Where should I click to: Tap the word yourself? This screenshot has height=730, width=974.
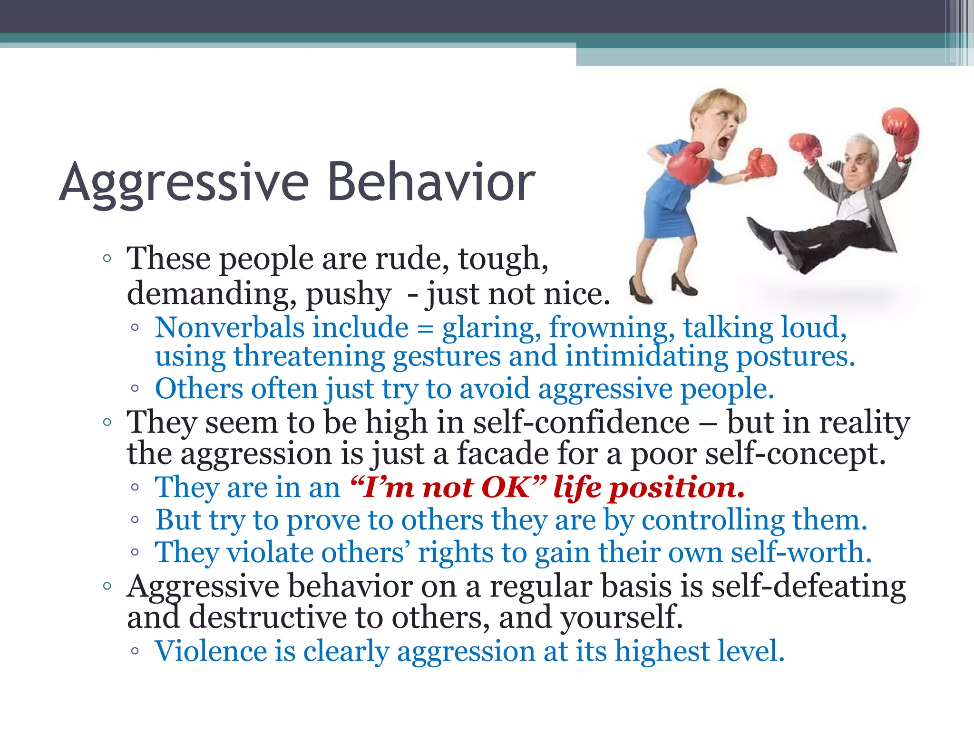(621, 618)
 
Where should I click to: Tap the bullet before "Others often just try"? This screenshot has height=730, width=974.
(135, 389)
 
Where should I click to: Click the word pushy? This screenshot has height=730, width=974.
(348, 294)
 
